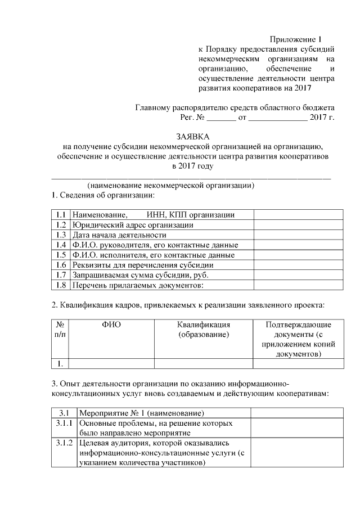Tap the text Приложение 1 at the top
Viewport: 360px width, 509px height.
pyautogui.click(x=294, y=39)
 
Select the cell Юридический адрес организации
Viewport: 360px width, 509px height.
pyautogui.click(x=133, y=225)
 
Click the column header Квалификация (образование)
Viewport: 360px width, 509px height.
pyautogui.click(x=204, y=330)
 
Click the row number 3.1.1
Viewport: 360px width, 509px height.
pyautogui.click(x=64, y=423)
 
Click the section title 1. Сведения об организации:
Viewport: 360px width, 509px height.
pyautogui.click(x=103, y=195)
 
